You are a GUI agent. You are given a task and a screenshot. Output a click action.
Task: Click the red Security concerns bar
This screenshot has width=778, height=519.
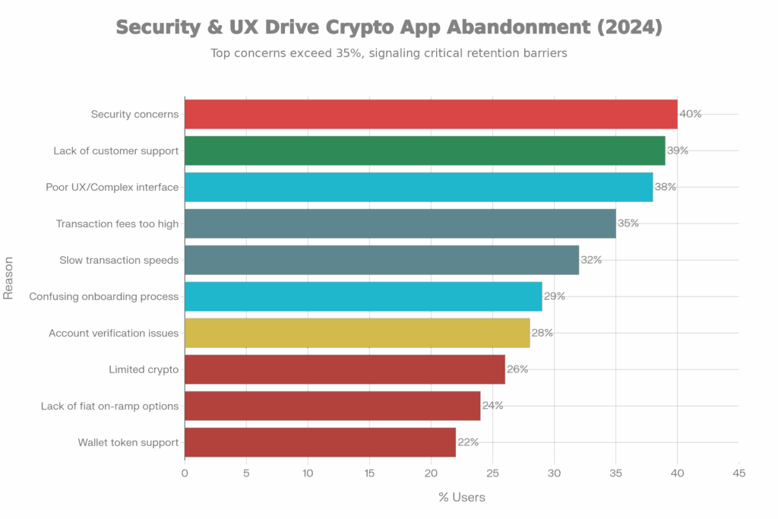point(430,114)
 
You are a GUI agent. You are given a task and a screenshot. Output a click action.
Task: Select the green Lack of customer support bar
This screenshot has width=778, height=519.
point(424,150)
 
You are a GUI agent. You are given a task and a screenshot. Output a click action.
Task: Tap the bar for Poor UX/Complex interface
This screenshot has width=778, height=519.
point(418,187)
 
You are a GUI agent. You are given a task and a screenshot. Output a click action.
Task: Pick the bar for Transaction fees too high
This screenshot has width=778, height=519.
point(400,223)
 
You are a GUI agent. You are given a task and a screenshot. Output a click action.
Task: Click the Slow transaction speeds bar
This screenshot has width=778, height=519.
point(381,260)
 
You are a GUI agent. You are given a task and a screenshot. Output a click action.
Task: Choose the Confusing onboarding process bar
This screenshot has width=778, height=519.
point(362,296)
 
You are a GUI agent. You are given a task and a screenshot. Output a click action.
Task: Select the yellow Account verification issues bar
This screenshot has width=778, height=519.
point(356,333)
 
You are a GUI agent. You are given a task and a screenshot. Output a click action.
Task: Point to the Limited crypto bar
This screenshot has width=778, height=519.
point(344,369)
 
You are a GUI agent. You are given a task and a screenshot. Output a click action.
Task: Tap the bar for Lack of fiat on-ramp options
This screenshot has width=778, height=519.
point(332,406)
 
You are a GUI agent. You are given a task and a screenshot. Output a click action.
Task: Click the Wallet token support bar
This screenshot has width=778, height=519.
point(320,442)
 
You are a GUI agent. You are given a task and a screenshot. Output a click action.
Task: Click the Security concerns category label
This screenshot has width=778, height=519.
point(134,114)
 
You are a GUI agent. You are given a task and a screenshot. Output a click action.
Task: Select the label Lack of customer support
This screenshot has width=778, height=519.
point(115,150)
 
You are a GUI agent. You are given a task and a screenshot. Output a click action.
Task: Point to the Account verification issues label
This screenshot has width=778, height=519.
point(113,333)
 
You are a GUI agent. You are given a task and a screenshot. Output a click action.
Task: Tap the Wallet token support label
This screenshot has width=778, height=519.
point(128,442)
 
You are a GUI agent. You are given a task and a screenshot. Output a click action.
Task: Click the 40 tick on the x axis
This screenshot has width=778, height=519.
point(677,473)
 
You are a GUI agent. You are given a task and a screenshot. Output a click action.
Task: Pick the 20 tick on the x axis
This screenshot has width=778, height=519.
point(431,473)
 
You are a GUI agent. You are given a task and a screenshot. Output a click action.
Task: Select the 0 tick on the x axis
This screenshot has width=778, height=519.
point(185,473)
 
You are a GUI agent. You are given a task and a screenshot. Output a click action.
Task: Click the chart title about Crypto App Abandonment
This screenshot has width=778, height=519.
point(389,27)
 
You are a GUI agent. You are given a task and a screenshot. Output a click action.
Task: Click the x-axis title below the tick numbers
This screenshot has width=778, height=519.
point(461,497)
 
